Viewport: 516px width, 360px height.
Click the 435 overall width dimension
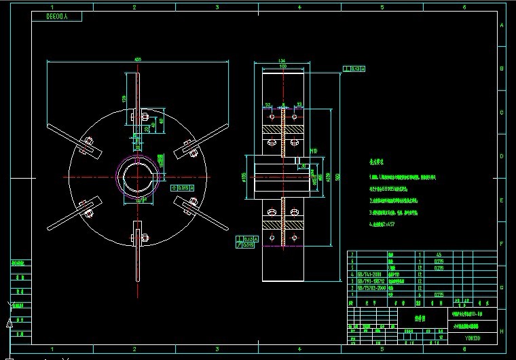coord(138,60)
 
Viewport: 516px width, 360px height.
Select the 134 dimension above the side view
coord(280,62)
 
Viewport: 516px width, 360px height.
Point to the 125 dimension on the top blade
coord(124,99)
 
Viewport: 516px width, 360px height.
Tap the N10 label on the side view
coord(314,151)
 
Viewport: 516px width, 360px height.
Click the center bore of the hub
coord(138,178)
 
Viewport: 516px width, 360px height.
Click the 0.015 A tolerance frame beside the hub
coord(183,186)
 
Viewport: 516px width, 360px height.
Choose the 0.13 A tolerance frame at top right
coord(355,69)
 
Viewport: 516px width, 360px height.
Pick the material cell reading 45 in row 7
coord(439,254)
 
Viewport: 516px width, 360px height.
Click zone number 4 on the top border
coord(299,7)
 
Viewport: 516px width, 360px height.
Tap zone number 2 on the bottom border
coord(134,349)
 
